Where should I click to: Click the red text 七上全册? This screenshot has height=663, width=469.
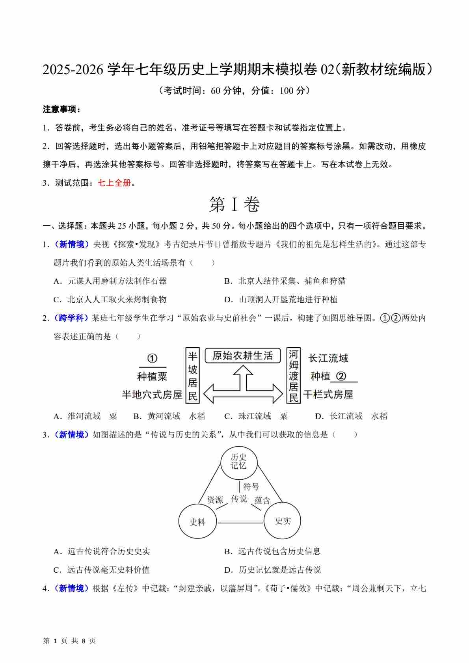[114, 183]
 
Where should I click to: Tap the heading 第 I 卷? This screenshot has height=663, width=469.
[234, 204]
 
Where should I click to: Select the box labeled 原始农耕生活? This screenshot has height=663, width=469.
[243, 356]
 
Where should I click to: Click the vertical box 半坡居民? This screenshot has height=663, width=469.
[192, 376]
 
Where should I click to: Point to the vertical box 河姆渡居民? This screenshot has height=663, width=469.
[294, 376]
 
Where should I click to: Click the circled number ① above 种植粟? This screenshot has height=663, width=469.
[152, 358]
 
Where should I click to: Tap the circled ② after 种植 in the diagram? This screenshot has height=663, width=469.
[341, 376]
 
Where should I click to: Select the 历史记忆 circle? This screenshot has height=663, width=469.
[238, 461]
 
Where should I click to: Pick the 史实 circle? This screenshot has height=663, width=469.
[283, 521]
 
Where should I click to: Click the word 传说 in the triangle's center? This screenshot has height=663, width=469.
[239, 499]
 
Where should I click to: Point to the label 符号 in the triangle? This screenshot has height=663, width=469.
[251, 487]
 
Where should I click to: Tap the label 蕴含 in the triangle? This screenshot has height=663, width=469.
[262, 501]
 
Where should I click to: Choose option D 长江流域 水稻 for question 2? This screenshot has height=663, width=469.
[351, 416]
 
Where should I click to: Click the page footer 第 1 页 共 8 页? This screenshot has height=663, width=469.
[69, 641]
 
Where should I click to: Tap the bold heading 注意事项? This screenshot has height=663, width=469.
[61, 110]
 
